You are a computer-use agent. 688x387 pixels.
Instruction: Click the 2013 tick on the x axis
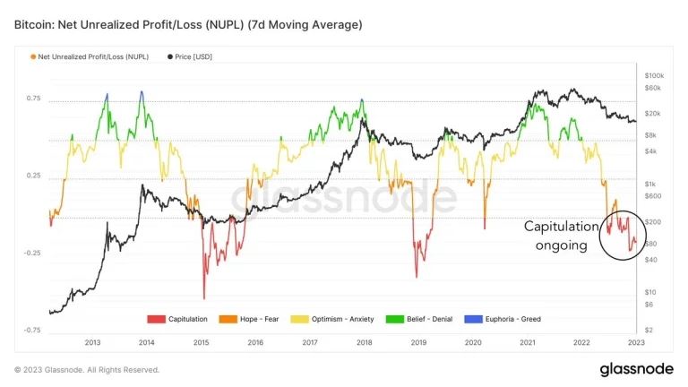[92, 342]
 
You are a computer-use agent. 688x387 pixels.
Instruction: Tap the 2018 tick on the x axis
[365, 342]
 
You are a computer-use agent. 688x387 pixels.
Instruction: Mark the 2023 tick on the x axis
[637, 342]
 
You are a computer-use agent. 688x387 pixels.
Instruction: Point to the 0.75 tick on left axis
[33, 98]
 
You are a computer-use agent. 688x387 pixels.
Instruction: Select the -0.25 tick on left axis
[31, 253]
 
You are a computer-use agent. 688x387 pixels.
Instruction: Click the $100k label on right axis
[655, 75]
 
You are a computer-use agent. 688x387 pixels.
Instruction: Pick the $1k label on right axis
[650, 183]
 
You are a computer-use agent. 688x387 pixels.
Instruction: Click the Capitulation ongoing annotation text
[557, 235]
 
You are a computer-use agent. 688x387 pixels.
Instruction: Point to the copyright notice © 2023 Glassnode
[87, 369]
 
